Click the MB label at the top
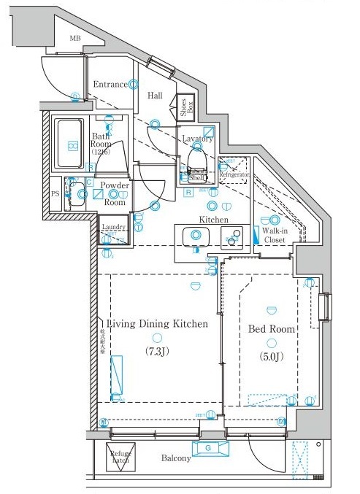coord(75,38)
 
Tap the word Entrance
coord(110,85)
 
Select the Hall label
coord(155,96)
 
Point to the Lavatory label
coord(197,139)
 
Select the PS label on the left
coord(55,194)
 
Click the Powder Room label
coord(115,194)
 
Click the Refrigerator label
coord(236,175)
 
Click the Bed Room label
coord(272,329)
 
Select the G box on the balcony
coord(208,448)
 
